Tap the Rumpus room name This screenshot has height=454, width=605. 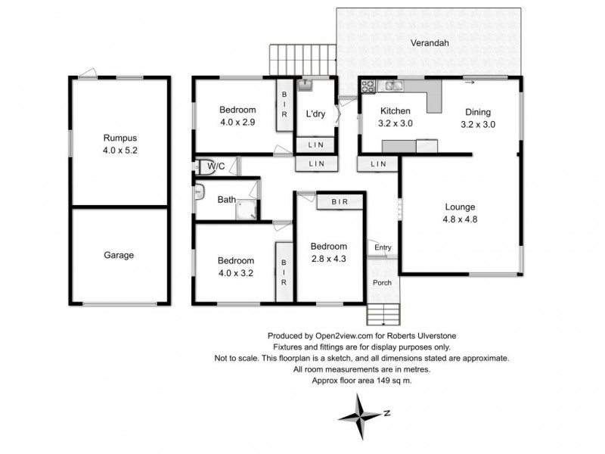119,138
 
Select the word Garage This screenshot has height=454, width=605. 119,255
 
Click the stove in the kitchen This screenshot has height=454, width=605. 368,86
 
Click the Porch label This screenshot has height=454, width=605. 383,283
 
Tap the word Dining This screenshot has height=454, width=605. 479,111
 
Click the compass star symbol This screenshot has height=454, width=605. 361,416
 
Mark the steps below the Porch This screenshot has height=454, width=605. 383,313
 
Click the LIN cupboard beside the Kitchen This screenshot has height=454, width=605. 379,163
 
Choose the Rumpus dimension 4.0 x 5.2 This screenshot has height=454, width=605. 119,150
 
